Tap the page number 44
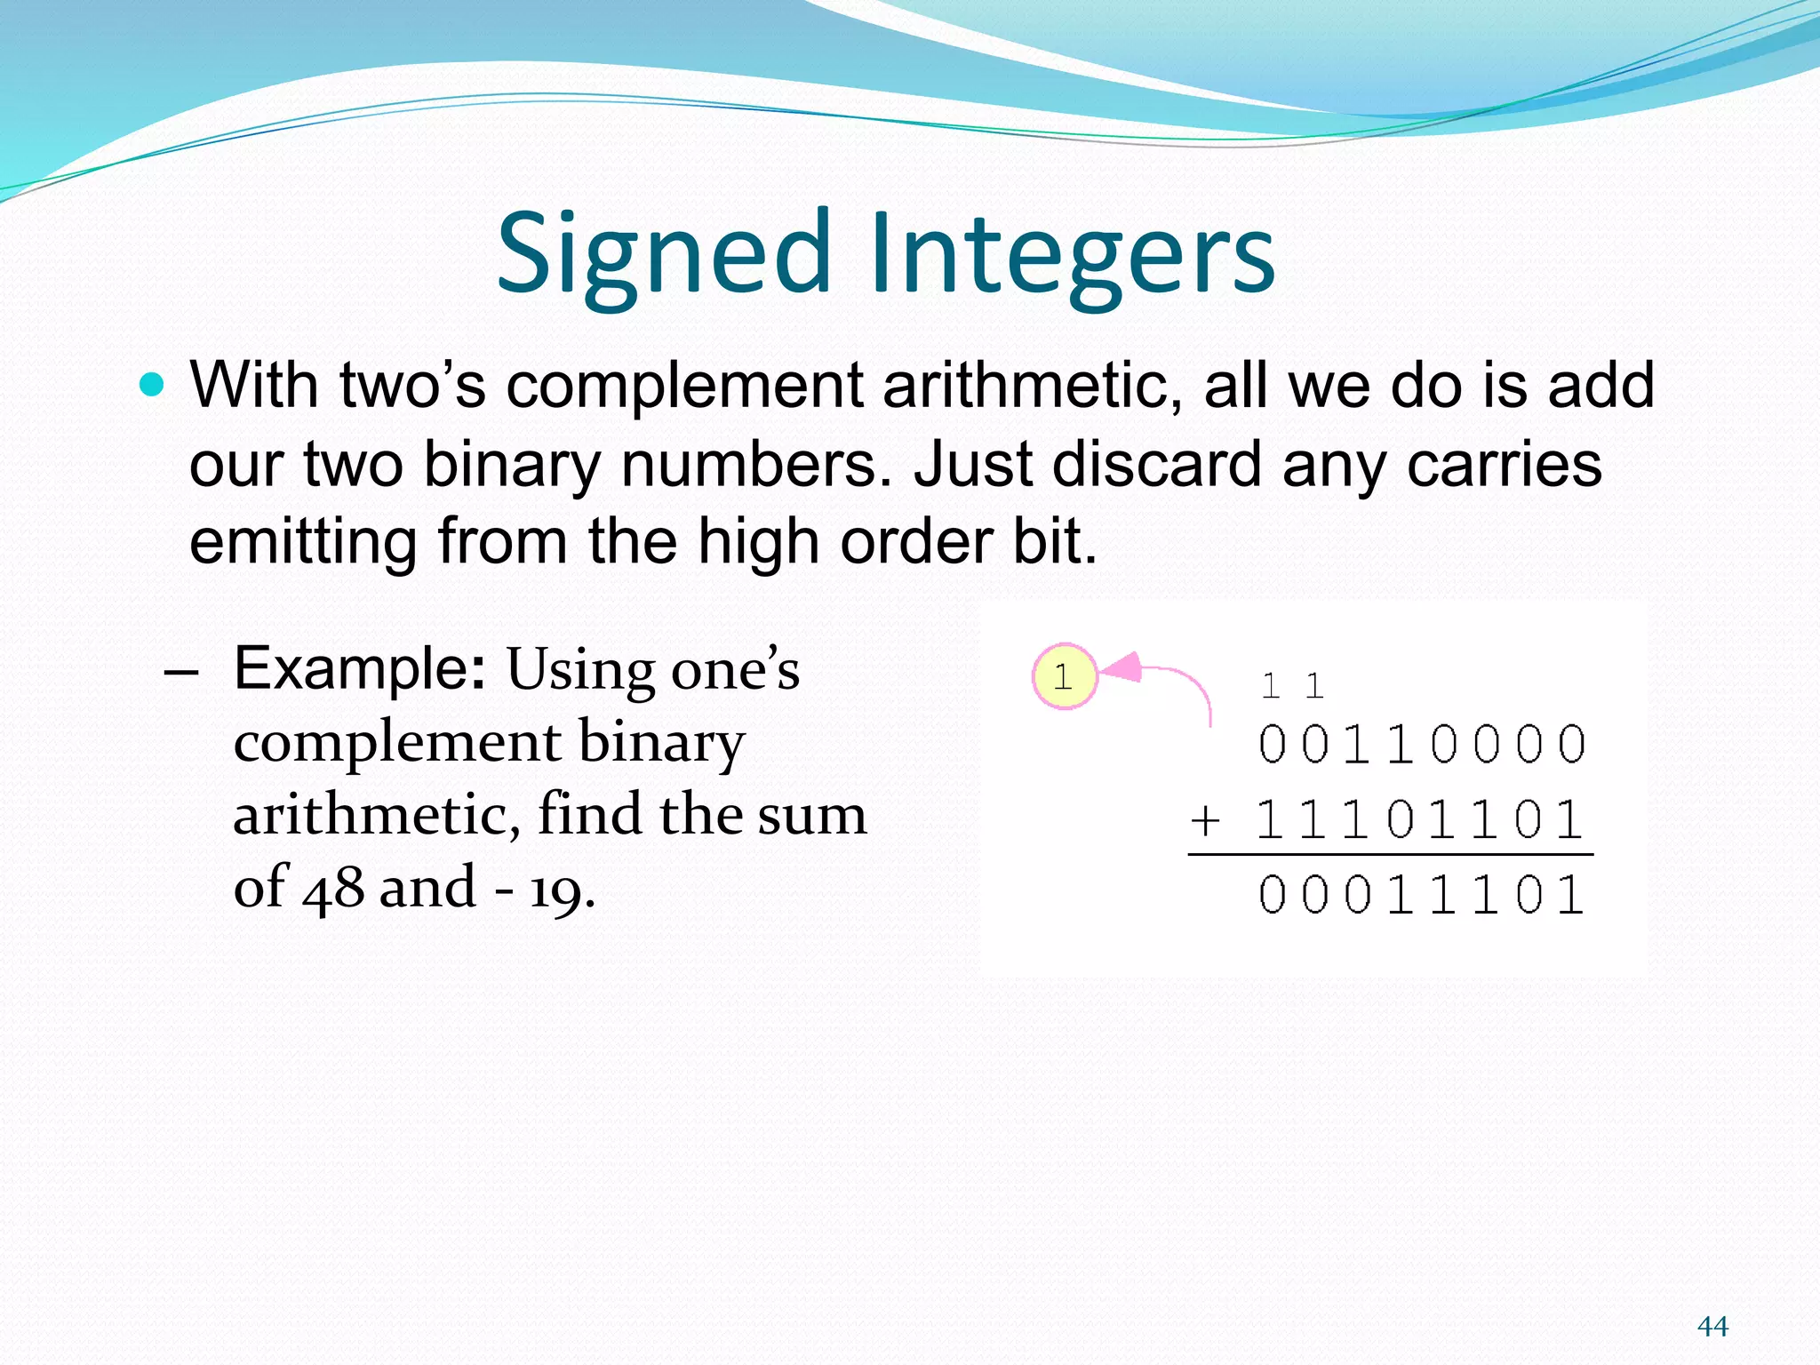(1712, 1326)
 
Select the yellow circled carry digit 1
(1064, 677)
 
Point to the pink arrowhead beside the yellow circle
(1122, 667)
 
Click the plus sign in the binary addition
(1205, 819)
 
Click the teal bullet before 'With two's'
(152, 385)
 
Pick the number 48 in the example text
(333, 887)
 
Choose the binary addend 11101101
(1419, 819)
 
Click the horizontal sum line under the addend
(1390, 855)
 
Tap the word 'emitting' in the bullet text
(303, 541)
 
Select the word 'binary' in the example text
(662, 741)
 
